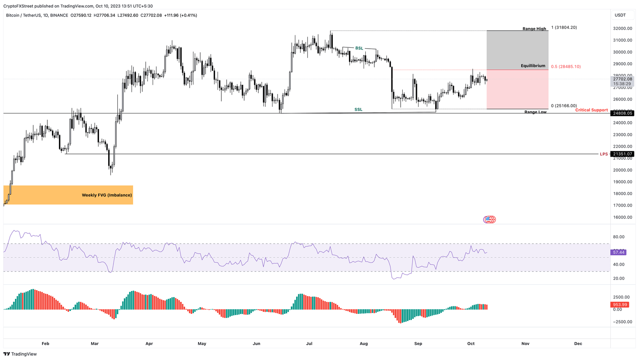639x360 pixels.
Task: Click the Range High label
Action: (534, 29)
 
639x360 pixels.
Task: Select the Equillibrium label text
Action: (533, 66)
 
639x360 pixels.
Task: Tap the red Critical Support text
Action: (591, 110)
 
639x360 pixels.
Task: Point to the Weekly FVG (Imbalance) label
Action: (106, 195)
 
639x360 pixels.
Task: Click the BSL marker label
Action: (359, 48)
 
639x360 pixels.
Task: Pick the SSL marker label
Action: (358, 110)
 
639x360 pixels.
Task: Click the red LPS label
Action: (603, 154)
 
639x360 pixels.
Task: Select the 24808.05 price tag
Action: (622, 113)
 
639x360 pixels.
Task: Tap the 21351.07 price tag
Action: (622, 154)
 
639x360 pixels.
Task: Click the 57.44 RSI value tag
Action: (619, 252)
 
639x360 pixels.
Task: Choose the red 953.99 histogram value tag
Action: (620, 305)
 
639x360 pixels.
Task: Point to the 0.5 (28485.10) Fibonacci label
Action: (566, 67)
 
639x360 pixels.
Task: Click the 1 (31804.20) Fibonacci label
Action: (564, 27)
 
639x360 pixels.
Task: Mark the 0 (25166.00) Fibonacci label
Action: (564, 106)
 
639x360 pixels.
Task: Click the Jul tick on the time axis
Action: (309, 344)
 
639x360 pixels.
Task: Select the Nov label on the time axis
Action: (525, 344)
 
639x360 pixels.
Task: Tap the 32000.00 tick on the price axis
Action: (622, 29)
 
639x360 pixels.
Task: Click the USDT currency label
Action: (620, 15)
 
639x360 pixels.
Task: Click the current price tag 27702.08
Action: (622, 79)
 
